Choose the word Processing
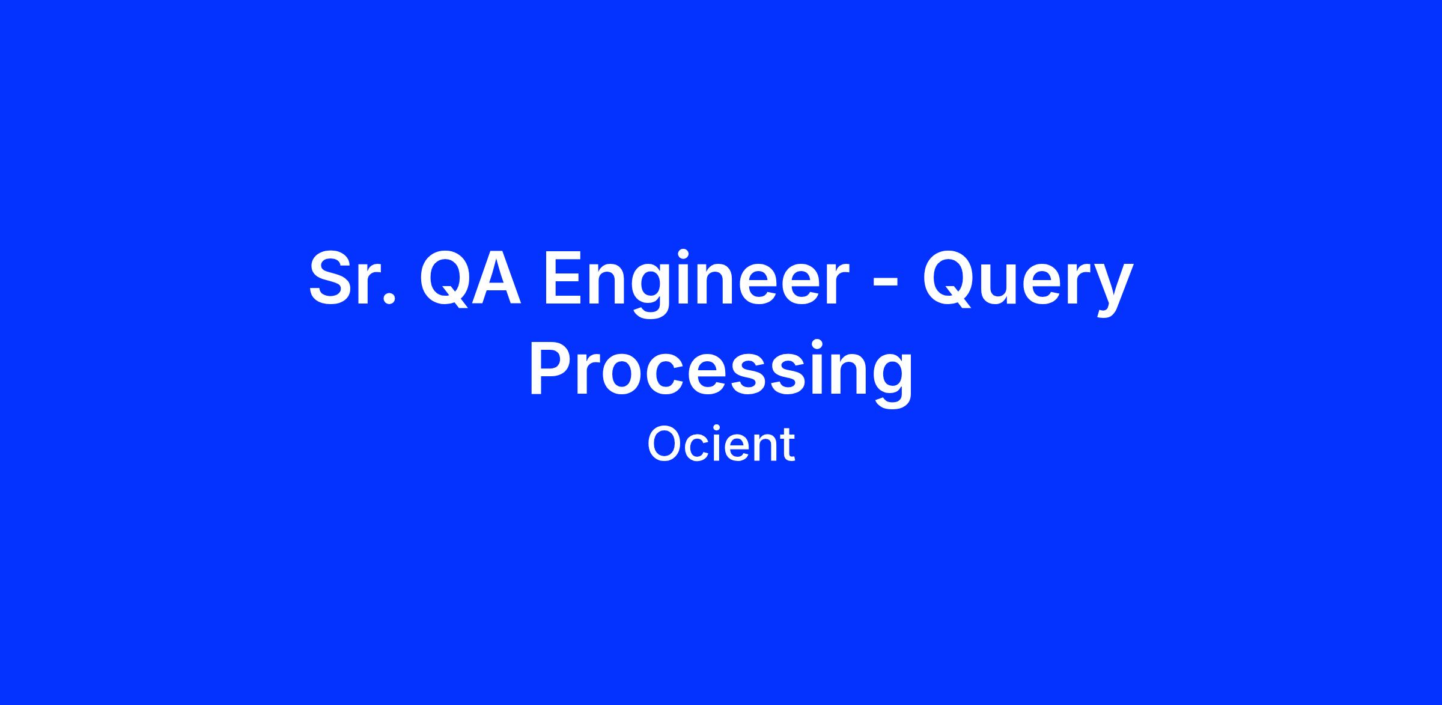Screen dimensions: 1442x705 point(721,373)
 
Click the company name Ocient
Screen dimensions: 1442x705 point(721,444)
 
